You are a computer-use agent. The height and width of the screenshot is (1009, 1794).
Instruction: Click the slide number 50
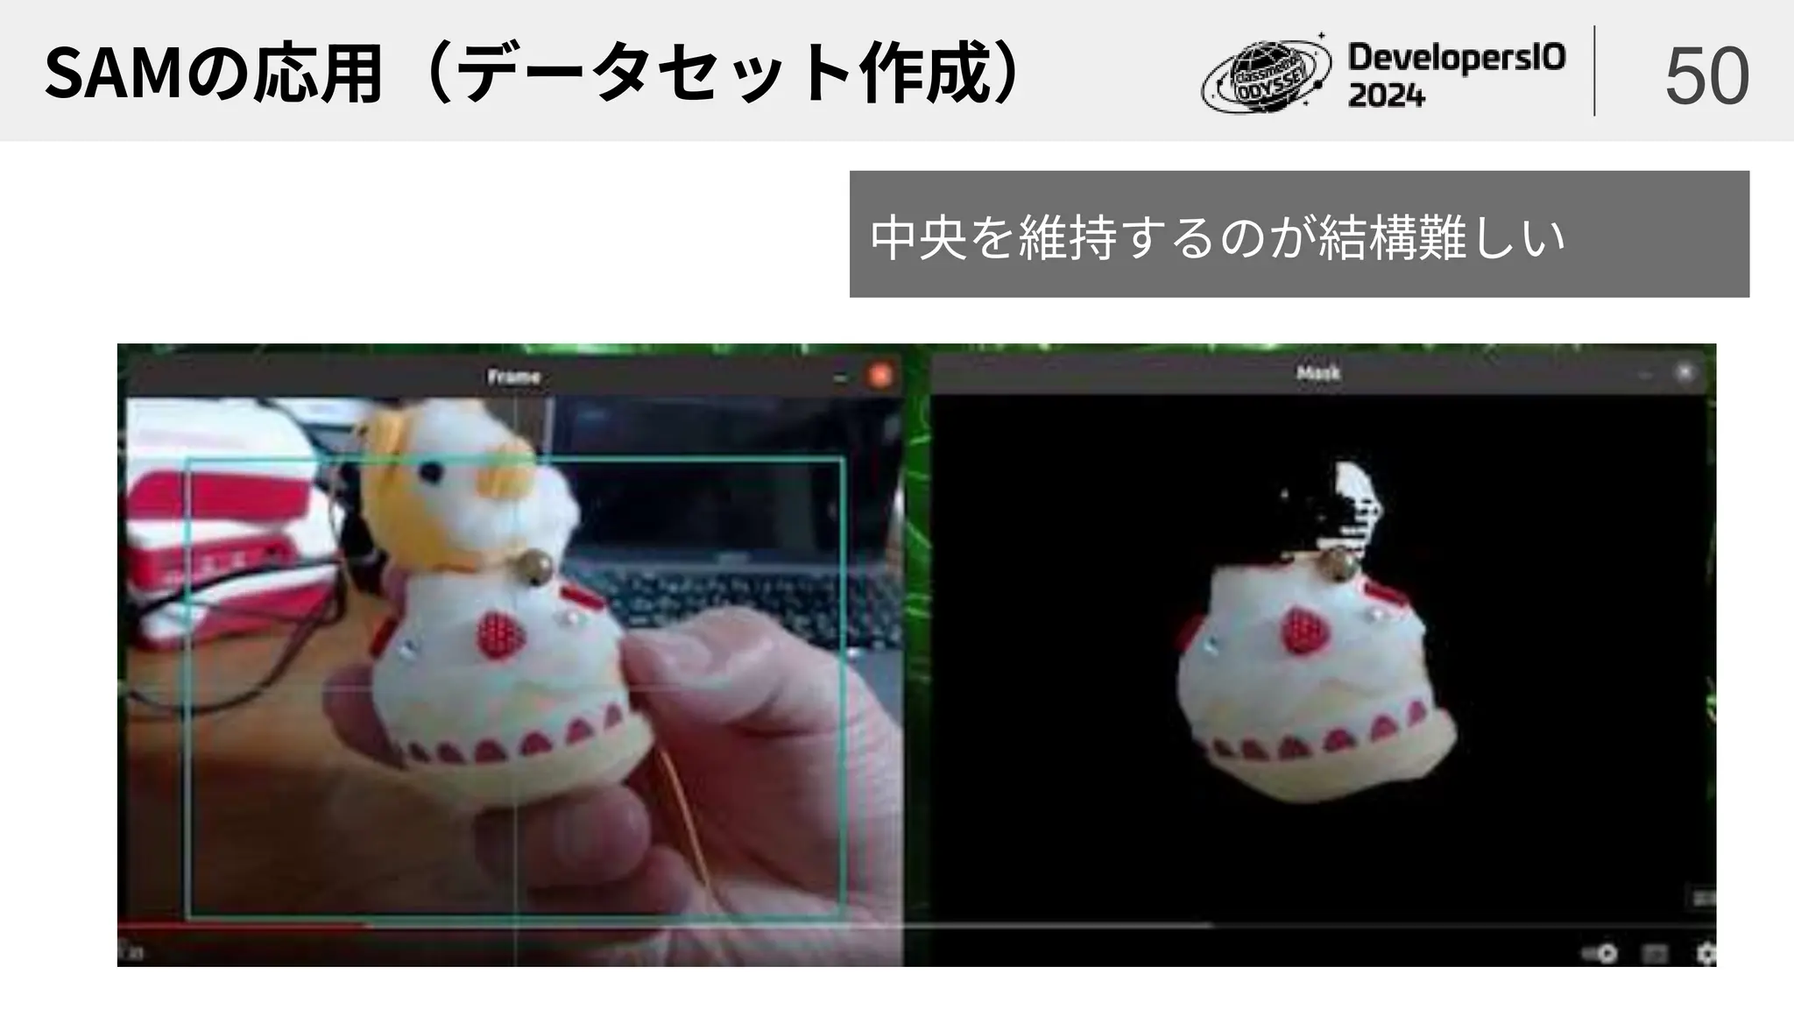coord(1706,76)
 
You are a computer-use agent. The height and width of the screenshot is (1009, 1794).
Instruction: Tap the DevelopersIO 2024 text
coord(1456,75)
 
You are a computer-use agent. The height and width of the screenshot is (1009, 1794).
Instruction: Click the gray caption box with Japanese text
coord(1298,234)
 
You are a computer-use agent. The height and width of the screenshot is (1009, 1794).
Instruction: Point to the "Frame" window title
coord(513,377)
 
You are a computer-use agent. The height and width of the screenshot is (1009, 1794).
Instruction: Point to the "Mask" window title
coord(1317,374)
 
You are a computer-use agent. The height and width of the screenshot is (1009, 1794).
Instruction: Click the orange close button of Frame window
coord(879,376)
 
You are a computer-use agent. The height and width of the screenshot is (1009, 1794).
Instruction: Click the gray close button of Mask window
coord(1685,373)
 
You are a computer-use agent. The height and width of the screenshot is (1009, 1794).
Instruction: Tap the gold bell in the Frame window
coord(536,568)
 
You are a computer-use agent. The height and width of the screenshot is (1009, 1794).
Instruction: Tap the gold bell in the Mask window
coord(1338,565)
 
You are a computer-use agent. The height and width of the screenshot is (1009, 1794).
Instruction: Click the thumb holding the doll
coord(692,666)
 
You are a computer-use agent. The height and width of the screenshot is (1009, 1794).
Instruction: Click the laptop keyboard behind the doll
coord(745,596)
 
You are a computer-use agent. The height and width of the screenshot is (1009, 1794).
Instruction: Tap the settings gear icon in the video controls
coord(1705,952)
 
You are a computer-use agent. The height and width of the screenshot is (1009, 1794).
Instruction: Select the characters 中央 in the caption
coord(918,236)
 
